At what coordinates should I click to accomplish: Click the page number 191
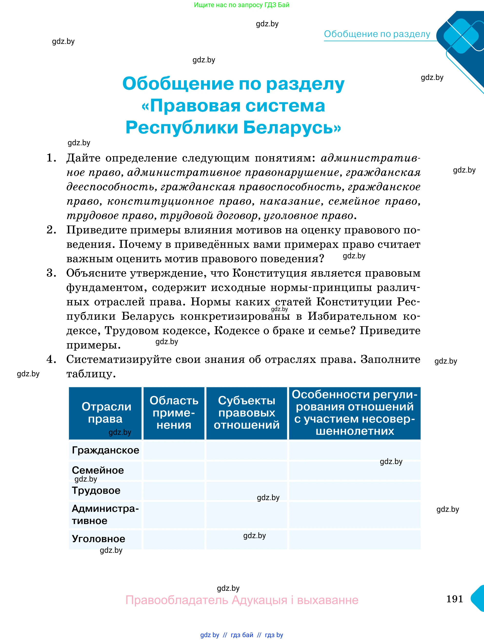[454, 598]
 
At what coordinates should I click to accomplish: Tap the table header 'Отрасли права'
[106, 412]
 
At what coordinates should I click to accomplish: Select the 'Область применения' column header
[174, 412]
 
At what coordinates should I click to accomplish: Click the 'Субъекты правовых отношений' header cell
[246, 412]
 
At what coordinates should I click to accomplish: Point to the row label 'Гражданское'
[105, 450]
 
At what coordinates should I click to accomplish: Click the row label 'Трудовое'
[96, 490]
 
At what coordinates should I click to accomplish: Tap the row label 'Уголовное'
[98, 539]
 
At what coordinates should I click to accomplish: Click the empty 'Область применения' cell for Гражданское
[174, 450]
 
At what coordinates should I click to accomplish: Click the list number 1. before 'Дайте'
[51, 158]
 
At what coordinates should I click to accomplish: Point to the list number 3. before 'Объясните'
[51, 273]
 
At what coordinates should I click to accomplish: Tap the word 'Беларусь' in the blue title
[292, 127]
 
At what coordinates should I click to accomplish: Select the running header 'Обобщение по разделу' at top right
[377, 34]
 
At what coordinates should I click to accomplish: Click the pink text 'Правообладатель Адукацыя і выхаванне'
[242, 600]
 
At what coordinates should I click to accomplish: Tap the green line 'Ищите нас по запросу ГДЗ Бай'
[242, 5]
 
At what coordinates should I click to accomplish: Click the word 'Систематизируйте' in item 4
[133, 359]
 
